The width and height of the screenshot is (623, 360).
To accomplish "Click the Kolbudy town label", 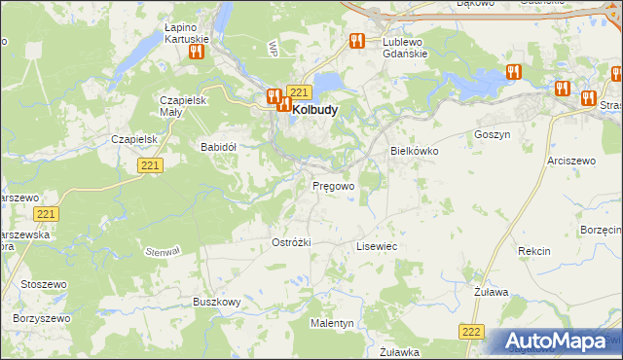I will point(314,110).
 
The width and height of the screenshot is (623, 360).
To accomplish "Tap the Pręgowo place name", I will point(333,185).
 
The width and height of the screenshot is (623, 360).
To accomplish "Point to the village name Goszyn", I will point(492,135).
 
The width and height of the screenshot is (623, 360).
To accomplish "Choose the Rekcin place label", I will point(534,251).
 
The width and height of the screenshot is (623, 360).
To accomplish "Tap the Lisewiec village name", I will point(377,247).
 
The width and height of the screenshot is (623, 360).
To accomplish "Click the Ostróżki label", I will point(291,242).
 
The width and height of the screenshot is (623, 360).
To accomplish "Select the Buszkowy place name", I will point(216,303).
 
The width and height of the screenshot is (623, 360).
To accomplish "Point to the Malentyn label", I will point(332,322).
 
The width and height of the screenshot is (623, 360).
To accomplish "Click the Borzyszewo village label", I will point(42,318).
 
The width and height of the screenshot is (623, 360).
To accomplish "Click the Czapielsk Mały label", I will point(183,106).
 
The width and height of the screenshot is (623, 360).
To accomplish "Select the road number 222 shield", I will point(472,332).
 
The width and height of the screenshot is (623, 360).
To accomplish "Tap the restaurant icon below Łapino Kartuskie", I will point(195,52).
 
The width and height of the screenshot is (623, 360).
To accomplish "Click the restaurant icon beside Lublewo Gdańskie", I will point(356,42).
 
